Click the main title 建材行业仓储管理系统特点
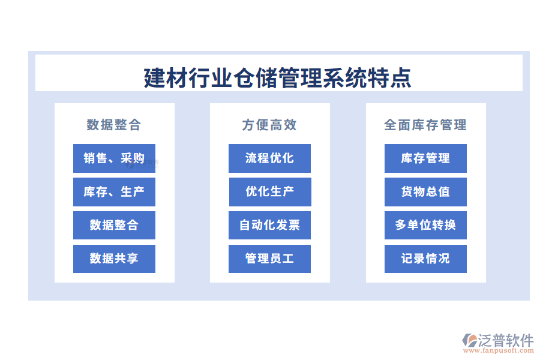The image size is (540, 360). pos(278,78)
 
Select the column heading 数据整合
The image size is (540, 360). pos(114,125)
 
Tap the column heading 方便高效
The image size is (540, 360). pos(269,125)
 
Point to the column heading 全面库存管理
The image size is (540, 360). pos(425,125)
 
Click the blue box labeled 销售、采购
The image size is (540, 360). pos(114,158)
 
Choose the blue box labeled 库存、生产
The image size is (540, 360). pos(114,192)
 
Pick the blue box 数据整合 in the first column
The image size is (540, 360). pos(114,225)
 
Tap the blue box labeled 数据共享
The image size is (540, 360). pos(114,259)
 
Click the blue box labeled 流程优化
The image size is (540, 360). pos(269,158)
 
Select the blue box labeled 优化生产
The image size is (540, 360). pos(269,192)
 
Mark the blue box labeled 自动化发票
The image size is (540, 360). pos(269,225)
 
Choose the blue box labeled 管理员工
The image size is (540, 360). pos(269,259)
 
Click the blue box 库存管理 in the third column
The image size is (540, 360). pos(425,158)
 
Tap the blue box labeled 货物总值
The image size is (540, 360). pos(425,192)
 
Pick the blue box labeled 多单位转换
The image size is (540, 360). pos(425,225)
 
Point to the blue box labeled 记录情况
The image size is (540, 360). pos(425,259)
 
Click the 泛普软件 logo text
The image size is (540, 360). pos(505,340)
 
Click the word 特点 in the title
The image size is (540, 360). pos(397,78)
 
